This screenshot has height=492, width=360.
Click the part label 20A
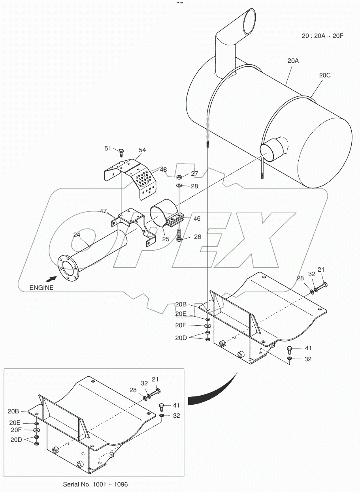pos(293,61)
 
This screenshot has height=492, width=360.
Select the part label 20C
pos(324,75)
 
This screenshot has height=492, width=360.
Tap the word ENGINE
pos(41,288)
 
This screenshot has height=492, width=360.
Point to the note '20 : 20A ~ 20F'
pos(322,36)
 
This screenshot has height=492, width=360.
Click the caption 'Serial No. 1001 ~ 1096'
pos(95,484)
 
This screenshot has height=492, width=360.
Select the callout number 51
pos(108,148)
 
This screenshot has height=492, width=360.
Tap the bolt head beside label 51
pos(121,150)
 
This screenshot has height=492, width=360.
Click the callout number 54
pos(142,150)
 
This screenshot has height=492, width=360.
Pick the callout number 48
pos(163,170)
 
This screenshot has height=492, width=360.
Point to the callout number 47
pos(104,212)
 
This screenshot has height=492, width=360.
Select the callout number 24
pos(77,235)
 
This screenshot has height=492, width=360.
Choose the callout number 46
pos(196,218)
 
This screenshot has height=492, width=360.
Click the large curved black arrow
pos(213,391)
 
